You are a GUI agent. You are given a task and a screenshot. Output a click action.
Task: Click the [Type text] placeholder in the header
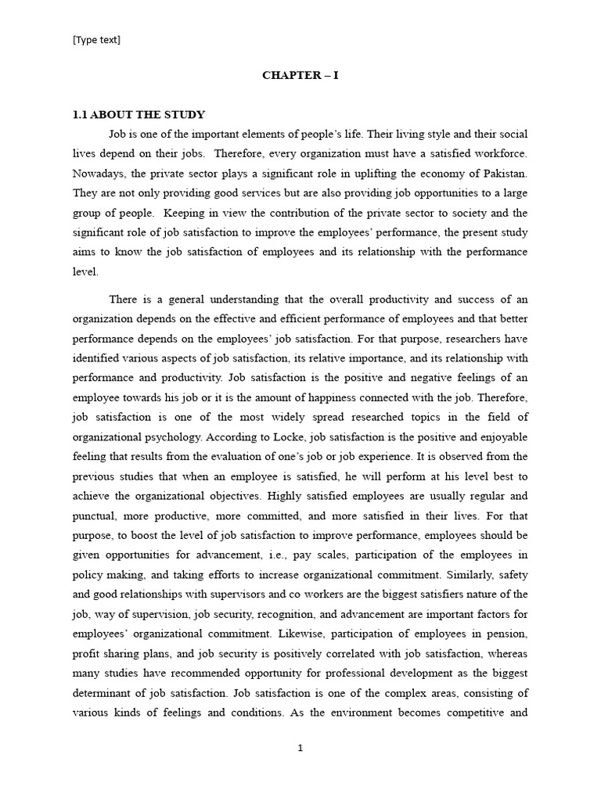(x=96, y=40)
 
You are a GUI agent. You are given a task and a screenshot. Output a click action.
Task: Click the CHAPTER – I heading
(x=300, y=76)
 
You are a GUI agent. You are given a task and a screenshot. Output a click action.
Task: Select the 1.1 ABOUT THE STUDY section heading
(x=139, y=115)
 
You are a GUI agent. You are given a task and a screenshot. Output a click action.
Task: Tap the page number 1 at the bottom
(x=300, y=748)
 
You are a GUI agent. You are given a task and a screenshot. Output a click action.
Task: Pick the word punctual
(x=97, y=516)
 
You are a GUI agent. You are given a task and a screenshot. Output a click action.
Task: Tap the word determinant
(x=106, y=692)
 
